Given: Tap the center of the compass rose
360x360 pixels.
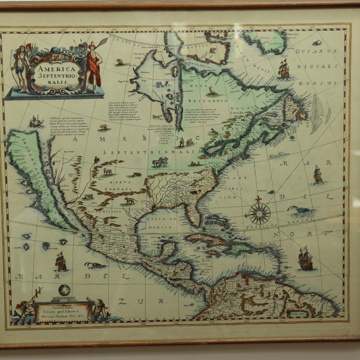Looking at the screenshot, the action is coord(260,213).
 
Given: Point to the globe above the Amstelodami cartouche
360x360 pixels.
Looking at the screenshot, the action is coord(64,290).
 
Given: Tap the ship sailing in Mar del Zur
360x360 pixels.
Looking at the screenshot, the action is coord(61,262).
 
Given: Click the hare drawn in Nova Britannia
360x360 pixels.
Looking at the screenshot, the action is coord(213,92).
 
